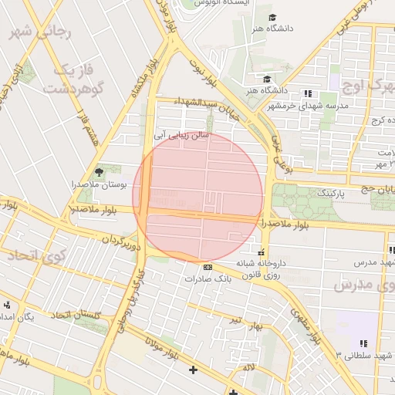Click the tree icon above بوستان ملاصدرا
click(x=98, y=171)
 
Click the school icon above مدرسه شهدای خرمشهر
click(x=309, y=93)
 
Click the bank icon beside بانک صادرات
click(x=207, y=268)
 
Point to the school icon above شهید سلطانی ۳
click(x=363, y=343)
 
